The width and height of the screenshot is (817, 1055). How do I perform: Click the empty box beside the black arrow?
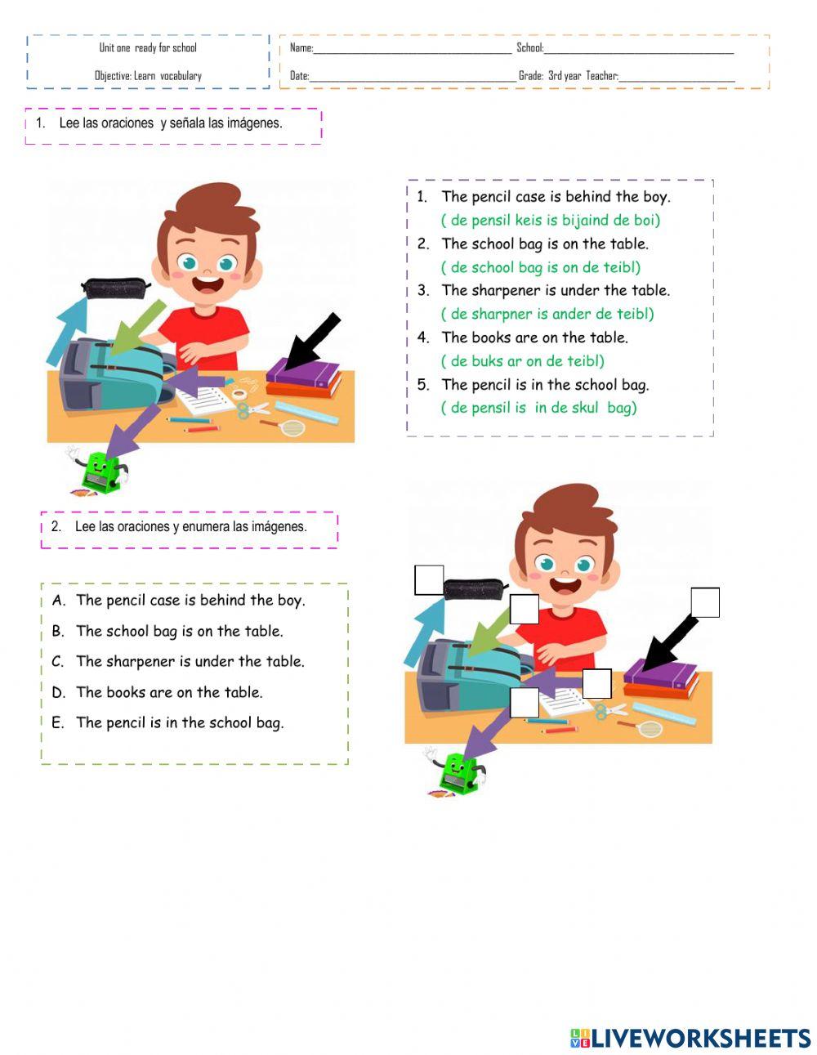pyautogui.click(x=704, y=602)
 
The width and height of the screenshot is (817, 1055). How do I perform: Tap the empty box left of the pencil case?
pyautogui.click(x=429, y=580)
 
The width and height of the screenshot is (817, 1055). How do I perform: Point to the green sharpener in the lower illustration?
pyautogui.click(x=460, y=773)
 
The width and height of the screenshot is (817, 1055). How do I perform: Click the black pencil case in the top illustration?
pyautogui.click(x=115, y=288)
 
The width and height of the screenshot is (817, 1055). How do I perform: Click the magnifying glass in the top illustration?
pyautogui.click(x=291, y=427)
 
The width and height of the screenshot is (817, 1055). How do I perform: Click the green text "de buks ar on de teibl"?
pyautogui.click(x=523, y=361)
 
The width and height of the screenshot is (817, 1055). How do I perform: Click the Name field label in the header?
pyautogui.click(x=301, y=48)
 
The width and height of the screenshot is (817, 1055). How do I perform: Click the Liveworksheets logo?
pyautogui.click(x=690, y=1038)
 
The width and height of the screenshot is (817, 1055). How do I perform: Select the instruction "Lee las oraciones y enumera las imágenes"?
pyautogui.click(x=190, y=527)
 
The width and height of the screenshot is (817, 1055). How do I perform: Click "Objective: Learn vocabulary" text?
pyautogui.click(x=148, y=76)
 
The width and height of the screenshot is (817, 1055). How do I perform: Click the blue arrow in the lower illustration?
pyautogui.click(x=424, y=628)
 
